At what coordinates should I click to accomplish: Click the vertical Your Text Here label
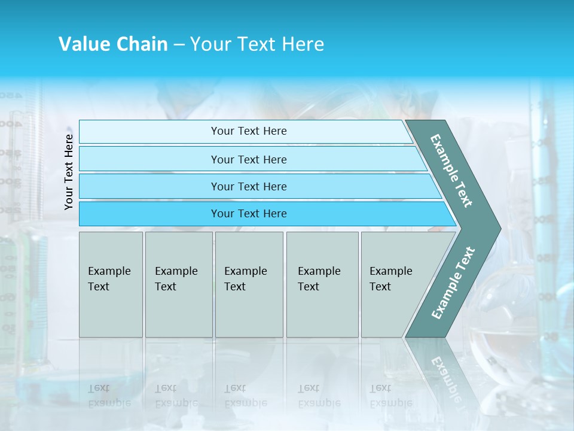click(x=69, y=172)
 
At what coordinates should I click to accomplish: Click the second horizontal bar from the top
click(x=249, y=159)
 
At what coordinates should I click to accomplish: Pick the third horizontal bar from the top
click(x=249, y=186)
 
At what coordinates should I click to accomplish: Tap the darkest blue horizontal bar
click(x=249, y=214)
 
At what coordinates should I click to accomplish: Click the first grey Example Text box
click(x=111, y=284)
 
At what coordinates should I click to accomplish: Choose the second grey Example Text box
click(x=179, y=284)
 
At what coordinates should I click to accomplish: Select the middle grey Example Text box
click(x=249, y=284)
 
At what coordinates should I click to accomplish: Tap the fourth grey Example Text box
click(x=322, y=284)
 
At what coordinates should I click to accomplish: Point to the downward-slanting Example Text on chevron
click(x=452, y=171)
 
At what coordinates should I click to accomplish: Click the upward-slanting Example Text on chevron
click(x=453, y=283)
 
